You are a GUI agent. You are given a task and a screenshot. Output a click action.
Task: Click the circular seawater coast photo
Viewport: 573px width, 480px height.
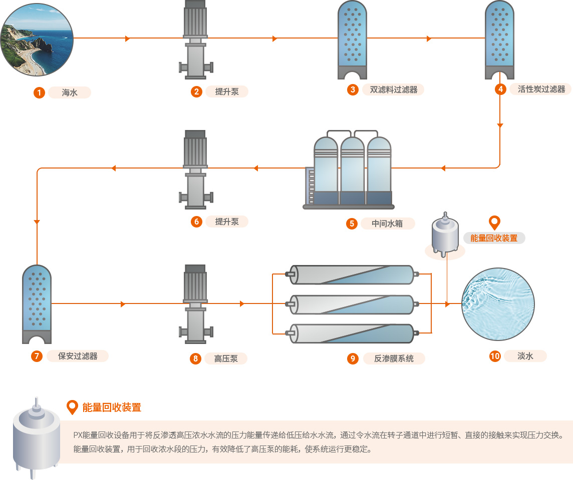point(37,39)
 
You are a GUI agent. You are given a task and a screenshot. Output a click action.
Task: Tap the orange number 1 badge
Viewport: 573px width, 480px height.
point(39,92)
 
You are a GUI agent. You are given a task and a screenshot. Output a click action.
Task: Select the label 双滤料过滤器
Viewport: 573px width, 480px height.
point(393,90)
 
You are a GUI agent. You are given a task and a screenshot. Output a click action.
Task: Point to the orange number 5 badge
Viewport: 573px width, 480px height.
point(352,223)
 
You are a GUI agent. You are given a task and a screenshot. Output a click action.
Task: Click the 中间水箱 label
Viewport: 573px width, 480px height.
point(387,223)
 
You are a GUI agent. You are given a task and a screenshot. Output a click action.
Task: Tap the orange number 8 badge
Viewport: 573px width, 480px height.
point(196,358)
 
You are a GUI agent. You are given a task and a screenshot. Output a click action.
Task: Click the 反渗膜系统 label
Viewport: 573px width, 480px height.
point(394,358)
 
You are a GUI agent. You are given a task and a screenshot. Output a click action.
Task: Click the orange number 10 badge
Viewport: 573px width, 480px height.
point(495,356)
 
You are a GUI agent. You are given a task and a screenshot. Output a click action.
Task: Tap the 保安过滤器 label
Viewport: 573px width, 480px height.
point(78,356)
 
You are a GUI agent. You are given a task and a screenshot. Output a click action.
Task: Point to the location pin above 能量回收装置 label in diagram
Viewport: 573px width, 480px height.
point(494,222)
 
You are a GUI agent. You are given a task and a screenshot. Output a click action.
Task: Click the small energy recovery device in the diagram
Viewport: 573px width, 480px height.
point(444,235)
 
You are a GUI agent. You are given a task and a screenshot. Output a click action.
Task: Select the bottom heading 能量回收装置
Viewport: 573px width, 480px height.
point(112,407)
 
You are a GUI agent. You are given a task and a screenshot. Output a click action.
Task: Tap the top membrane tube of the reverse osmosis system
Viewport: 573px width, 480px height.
point(353,274)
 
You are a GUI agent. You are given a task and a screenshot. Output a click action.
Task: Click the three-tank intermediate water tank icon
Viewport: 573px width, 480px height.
point(351,170)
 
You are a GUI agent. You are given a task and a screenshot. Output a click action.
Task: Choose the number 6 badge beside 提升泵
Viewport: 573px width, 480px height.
point(196,221)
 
